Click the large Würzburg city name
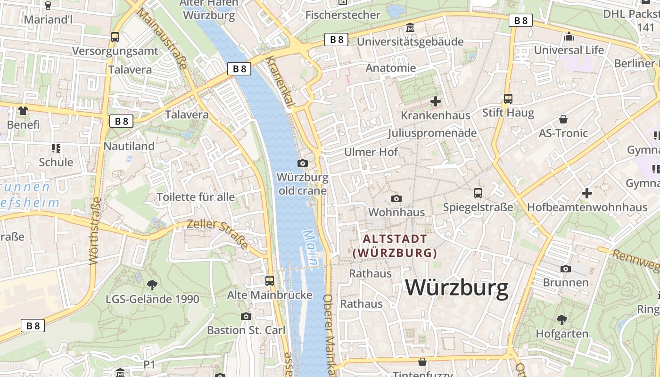(457, 287)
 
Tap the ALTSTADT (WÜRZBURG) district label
(395, 246)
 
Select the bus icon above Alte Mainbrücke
(270, 281)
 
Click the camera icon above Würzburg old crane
(303, 163)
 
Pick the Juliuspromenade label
(432, 133)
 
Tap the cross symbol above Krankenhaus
(436, 101)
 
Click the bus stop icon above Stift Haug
(508, 99)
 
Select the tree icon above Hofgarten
(562, 320)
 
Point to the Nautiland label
(129, 146)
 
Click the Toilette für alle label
(196, 197)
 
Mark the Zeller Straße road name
(217, 234)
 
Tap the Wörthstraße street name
(95, 231)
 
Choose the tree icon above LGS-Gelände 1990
(152, 285)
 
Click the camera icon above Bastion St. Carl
(246, 316)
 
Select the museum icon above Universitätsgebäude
(410, 28)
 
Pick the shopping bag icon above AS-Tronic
(563, 119)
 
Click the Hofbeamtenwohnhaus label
(587, 207)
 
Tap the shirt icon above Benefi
(23, 111)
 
